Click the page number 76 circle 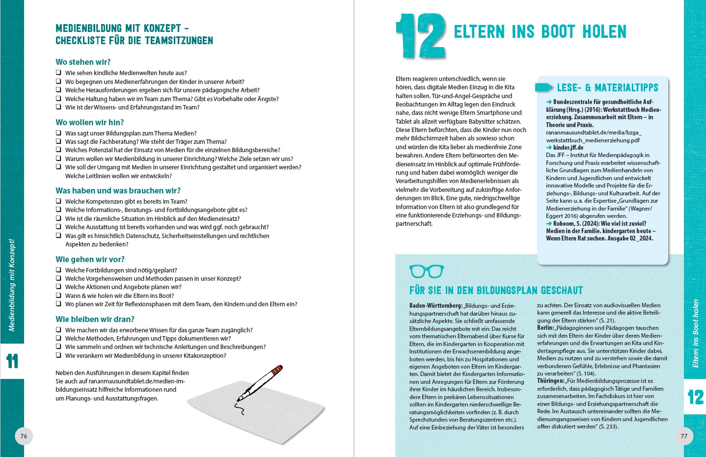pyautogui.click(x=24, y=436)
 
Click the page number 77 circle pyautogui.click(x=684, y=436)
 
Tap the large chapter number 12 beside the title pyautogui.click(x=420, y=36)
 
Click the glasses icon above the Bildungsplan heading pyautogui.click(x=426, y=271)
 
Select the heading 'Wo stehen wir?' pyautogui.click(x=83, y=62)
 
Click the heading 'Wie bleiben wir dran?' pyautogui.click(x=95, y=319)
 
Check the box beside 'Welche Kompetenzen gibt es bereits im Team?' pyautogui.click(x=58, y=201)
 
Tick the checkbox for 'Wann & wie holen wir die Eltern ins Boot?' pyautogui.click(x=58, y=296)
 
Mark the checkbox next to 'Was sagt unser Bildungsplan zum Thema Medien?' pyautogui.click(x=58, y=133)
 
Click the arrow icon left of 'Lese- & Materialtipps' pyautogui.click(x=543, y=87)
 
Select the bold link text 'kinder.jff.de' pyautogui.click(x=568, y=147)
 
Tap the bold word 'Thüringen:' pyautogui.click(x=550, y=381)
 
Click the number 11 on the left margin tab pyautogui.click(x=12, y=361)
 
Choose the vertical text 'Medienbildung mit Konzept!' pyautogui.click(x=12, y=285)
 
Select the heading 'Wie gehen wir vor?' pyautogui.click(x=90, y=259)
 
